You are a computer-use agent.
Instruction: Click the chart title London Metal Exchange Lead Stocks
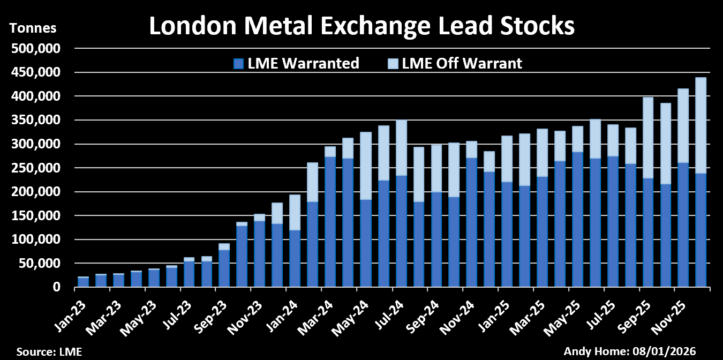pos(361,25)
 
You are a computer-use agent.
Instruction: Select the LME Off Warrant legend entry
pos(462,64)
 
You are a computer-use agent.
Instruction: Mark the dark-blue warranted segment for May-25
pos(577,220)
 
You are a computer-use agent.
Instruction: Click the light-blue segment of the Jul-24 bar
pos(401,148)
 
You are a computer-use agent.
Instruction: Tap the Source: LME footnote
pos(49,352)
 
